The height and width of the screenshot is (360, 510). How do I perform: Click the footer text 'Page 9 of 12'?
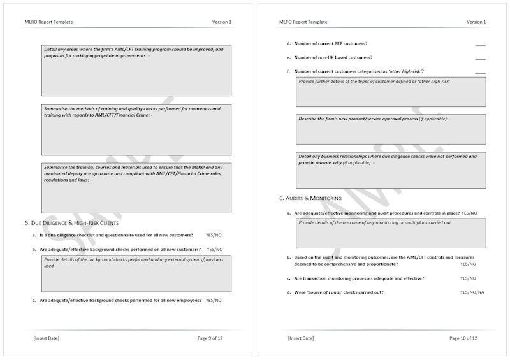210,338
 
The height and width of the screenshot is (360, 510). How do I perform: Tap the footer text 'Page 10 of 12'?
463,338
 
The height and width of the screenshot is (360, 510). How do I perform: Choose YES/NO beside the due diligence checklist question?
214,235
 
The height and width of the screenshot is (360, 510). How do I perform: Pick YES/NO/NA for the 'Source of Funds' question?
472,292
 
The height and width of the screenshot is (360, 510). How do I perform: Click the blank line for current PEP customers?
480,44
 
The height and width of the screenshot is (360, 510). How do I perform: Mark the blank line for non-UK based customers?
480,58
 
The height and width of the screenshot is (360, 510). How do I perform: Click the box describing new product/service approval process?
391,129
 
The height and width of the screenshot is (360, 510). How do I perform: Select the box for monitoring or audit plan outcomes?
391,233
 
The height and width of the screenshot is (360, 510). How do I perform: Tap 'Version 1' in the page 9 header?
222,22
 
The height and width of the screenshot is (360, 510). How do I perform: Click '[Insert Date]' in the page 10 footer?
301,338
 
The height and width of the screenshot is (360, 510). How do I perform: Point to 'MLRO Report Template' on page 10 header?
303,22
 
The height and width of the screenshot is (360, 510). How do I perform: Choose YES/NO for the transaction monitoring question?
468,278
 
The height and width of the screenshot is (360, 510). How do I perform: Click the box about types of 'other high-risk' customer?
391,92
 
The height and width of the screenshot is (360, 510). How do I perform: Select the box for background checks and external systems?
136,272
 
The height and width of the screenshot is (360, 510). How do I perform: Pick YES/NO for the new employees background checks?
214,300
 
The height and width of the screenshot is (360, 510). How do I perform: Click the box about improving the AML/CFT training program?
136,70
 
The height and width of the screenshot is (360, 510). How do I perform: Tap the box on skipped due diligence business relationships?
391,168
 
